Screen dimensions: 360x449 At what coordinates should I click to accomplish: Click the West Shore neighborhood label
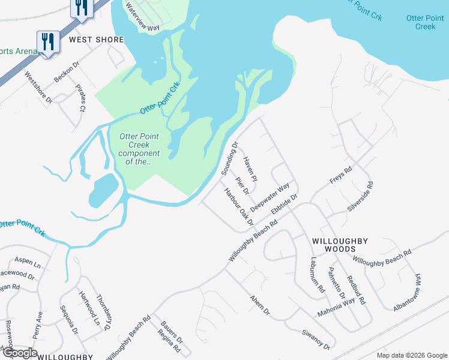[97, 40]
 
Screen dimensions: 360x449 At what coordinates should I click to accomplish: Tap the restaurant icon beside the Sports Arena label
[47, 41]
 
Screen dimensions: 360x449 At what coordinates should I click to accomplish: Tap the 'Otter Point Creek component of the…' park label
[139, 149]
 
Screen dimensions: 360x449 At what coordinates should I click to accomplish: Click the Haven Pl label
[250, 169]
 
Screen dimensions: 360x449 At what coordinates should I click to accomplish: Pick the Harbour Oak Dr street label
[239, 207]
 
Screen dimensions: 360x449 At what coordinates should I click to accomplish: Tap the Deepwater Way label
[270, 196]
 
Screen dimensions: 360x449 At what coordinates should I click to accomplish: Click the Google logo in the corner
[19, 353]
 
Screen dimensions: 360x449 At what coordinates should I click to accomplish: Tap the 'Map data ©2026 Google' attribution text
[412, 355]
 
